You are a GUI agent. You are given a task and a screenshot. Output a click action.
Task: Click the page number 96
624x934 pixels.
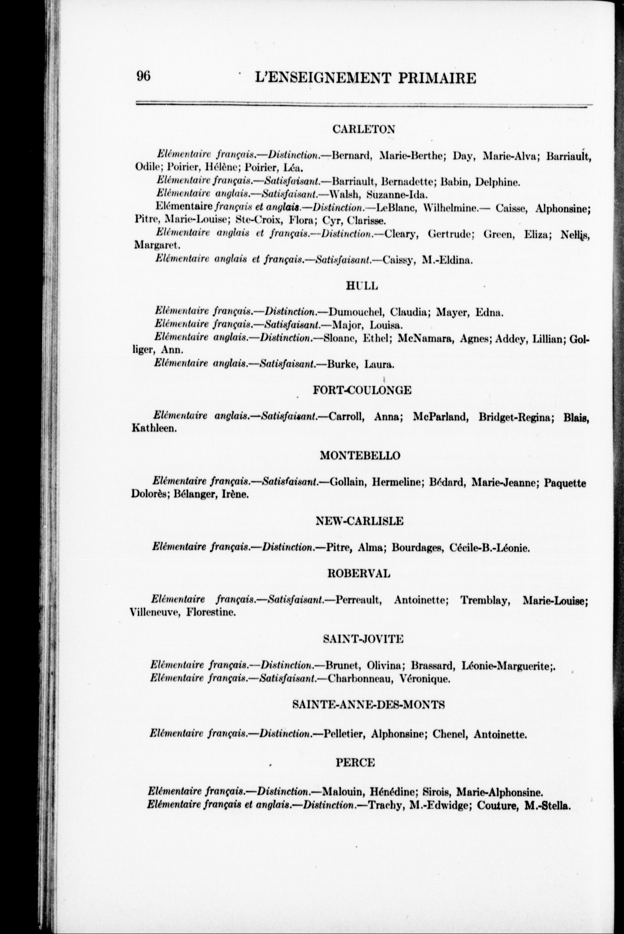coord(143,76)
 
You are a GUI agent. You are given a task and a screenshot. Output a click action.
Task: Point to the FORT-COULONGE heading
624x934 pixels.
coord(362,390)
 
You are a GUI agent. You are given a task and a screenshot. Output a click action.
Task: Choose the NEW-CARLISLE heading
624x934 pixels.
coord(359,521)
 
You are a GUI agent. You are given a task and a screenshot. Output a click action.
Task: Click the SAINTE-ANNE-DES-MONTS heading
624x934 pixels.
coord(368,704)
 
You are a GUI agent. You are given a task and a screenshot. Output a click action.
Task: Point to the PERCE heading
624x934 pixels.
coord(355,763)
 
